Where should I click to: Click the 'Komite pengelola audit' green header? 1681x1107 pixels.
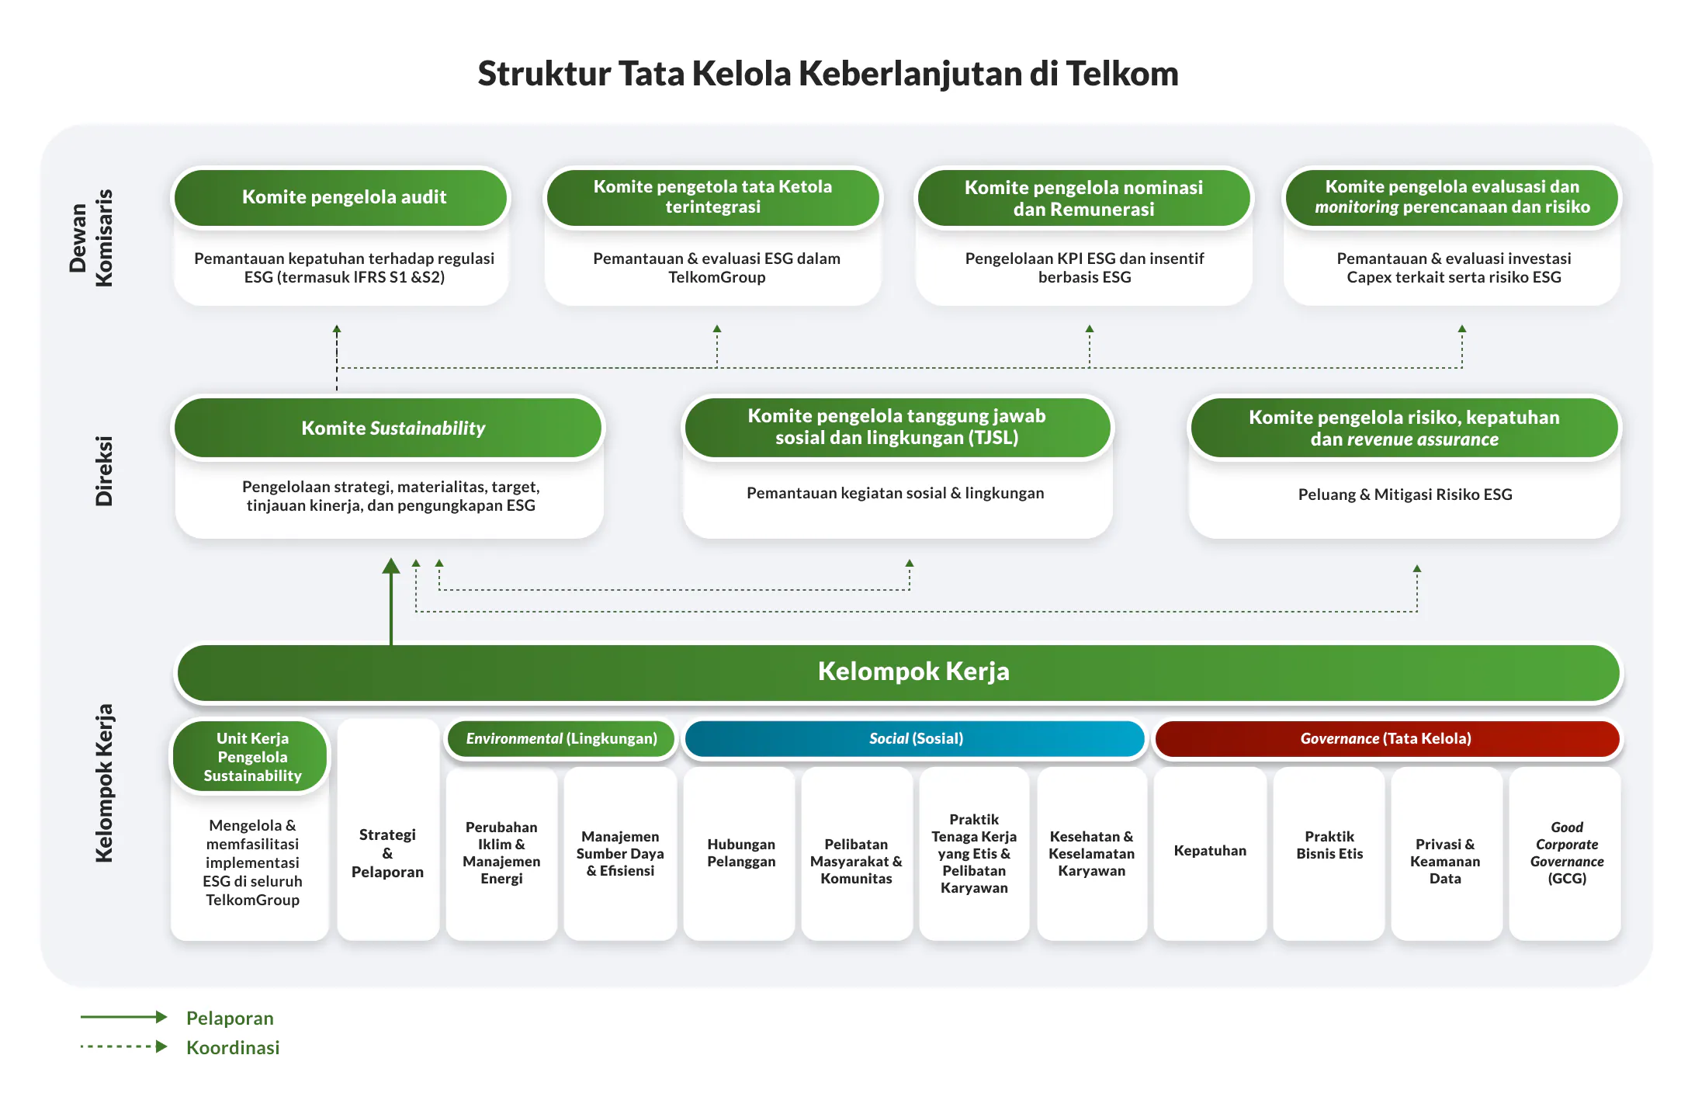[x=343, y=197]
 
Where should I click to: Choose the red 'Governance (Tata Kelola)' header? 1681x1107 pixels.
[x=1386, y=738]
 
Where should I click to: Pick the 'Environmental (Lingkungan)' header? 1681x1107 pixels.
[x=560, y=738]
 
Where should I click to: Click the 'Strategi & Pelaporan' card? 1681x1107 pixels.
[x=387, y=853]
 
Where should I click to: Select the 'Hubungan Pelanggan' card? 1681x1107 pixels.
[x=740, y=852]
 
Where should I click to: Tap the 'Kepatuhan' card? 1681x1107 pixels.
[x=1209, y=851]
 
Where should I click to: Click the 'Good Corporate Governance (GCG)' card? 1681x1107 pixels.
[x=1566, y=852]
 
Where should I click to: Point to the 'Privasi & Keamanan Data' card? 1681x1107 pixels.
[x=1445, y=861]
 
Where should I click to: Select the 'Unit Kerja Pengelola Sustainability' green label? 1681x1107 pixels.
[x=251, y=757]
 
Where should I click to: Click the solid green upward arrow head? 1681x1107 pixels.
[x=391, y=566]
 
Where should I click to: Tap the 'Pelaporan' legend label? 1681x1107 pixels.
[x=230, y=1018]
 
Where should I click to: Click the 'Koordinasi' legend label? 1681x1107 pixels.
[x=233, y=1047]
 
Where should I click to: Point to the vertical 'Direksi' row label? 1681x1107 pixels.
[x=103, y=470]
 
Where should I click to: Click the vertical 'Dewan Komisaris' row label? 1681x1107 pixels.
[x=92, y=238]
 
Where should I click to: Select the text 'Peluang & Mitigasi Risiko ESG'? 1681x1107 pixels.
[x=1405, y=495]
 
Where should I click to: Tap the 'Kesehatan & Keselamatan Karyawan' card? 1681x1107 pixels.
[x=1091, y=853]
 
